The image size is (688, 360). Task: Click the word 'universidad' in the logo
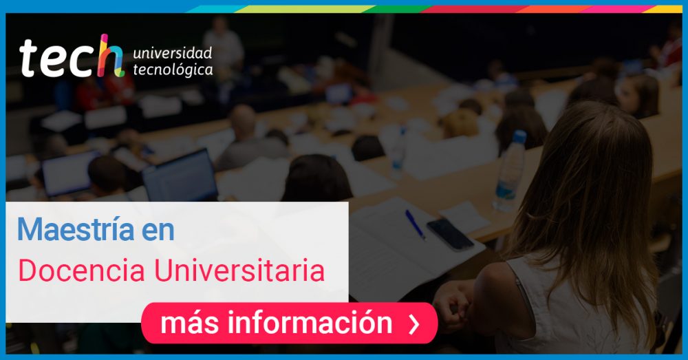pyautogui.click(x=173, y=53)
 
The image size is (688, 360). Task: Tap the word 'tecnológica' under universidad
pyautogui.click(x=173, y=70)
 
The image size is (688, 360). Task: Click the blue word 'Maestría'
pyautogui.click(x=76, y=229)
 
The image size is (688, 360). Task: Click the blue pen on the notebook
pyautogui.click(x=415, y=224)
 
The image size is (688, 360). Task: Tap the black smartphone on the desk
pyautogui.click(x=450, y=235)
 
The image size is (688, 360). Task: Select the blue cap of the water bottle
pyautogui.click(x=519, y=136)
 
